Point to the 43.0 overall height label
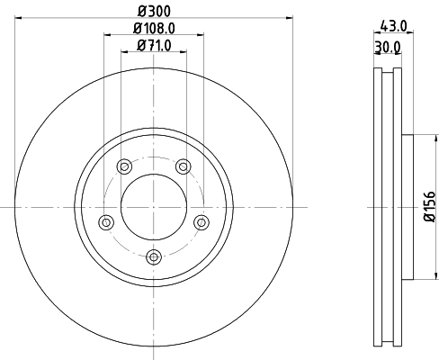coord(395,28)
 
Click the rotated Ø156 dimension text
coord(429,206)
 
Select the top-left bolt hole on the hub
coord(123,165)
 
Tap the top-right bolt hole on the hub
coord(184,165)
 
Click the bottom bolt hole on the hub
coord(153,257)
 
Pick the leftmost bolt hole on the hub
coord(104,221)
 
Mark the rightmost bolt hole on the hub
coord(202,221)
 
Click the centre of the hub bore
coord(153,206)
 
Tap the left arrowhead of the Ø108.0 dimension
coord(107,35)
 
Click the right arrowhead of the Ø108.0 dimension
coord(201,35)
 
